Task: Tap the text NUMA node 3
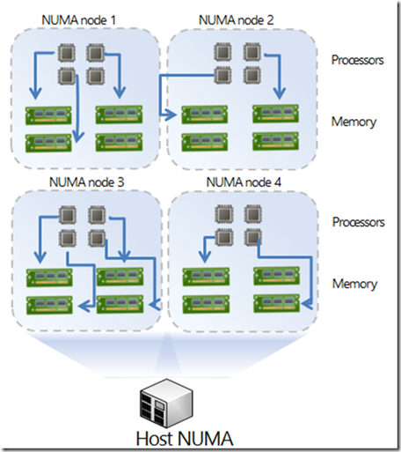(85, 182)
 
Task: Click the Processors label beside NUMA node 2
(357, 61)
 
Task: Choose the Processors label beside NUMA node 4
(357, 222)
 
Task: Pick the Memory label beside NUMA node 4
(354, 284)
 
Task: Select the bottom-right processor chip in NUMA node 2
(252, 73)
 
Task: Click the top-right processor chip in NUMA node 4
(252, 215)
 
